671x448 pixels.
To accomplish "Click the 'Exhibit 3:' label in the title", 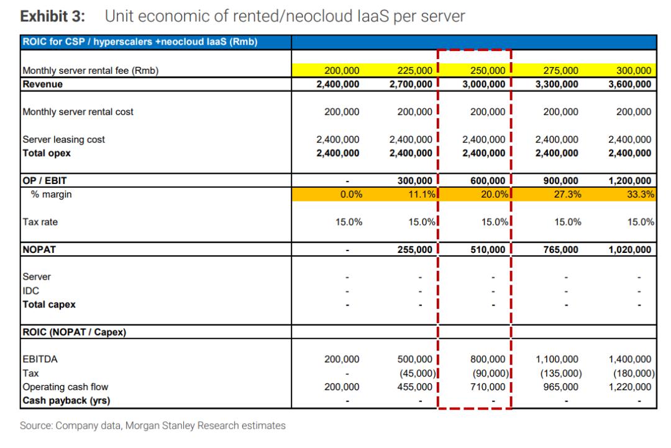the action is (x=53, y=16).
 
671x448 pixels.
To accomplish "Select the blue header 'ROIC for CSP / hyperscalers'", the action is (x=140, y=42).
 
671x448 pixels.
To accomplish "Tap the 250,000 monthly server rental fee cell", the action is (x=488, y=71).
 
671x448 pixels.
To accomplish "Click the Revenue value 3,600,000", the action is (x=629, y=85).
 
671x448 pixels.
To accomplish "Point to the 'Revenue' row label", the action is (x=42, y=85).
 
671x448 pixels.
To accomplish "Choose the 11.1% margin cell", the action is (x=421, y=194).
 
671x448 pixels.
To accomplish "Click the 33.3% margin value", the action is (x=641, y=194).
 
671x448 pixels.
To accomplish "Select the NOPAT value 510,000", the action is (x=488, y=249).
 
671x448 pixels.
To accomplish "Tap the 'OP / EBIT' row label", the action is (x=45, y=181).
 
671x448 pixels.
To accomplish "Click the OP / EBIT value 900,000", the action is (x=560, y=181).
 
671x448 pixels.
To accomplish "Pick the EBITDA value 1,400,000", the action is (x=629, y=359).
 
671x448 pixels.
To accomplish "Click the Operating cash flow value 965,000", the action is (x=560, y=387).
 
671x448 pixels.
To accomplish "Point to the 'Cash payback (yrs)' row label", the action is (x=66, y=401).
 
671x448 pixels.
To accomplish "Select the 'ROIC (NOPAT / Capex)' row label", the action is (x=74, y=332).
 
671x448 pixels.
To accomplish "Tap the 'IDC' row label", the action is (x=31, y=291).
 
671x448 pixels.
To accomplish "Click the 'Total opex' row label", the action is (x=46, y=153).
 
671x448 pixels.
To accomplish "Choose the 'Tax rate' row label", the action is (x=40, y=222).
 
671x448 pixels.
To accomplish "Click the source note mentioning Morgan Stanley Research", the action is (x=153, y=426).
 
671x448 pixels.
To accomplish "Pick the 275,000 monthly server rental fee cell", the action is (x=560, y=71).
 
